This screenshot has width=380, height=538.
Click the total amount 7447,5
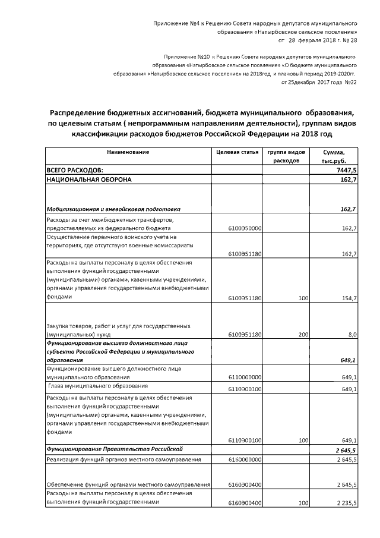pyautogui.click(x=346, y=170)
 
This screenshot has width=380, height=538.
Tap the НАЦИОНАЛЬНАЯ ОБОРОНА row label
pyautogui.click(x=88, y=179)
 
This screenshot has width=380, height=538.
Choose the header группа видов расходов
pyautogui.click(x=288, y=156)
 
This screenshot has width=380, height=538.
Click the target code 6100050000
pyautogui.click(x=245, y=228)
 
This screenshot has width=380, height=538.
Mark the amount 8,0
pyautogui.click(x=352, y=335)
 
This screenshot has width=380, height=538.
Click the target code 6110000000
pyautogui.click(x=245, y=377)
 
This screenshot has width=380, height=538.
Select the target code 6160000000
pyautogui.click(x=245, y=460)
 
